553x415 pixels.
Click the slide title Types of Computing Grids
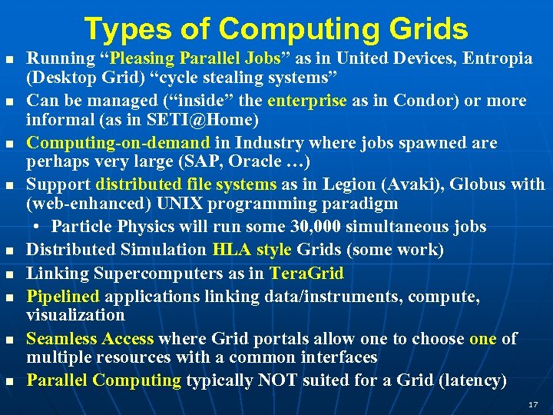pos(276,28)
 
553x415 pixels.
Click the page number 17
pos(534,403)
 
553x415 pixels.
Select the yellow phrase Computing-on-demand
pos(118,143)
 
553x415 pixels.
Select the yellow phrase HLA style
pos(252,250)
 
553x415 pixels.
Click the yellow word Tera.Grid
pos(306,273)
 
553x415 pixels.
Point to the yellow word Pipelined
pos(63,296)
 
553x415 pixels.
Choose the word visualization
pos(75,315)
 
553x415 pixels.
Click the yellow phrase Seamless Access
pos(90,339)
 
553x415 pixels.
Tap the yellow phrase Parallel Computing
pos(104,380)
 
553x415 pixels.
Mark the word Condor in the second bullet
pos(422,101)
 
